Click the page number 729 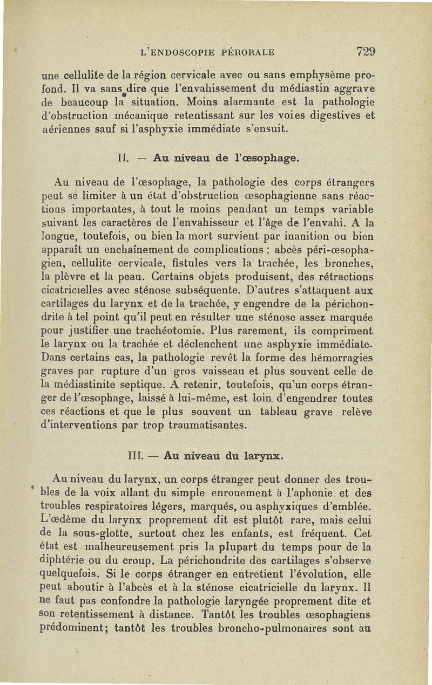[x=366, y=52]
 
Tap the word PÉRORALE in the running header [x=247, y=52]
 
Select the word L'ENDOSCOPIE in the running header [x=176, y=52]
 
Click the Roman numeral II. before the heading [x=123, y=159]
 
